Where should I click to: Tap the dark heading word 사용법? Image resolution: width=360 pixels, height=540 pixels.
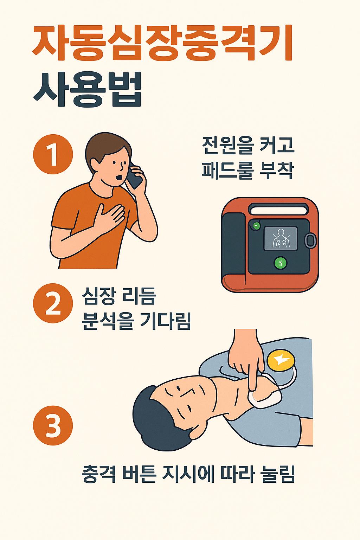point(88,90)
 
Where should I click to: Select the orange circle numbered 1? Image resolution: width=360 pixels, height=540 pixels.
point(53,155)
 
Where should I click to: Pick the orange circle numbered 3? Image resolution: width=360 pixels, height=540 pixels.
point(53,426)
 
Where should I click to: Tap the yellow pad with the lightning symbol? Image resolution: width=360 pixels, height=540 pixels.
point(281,361)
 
